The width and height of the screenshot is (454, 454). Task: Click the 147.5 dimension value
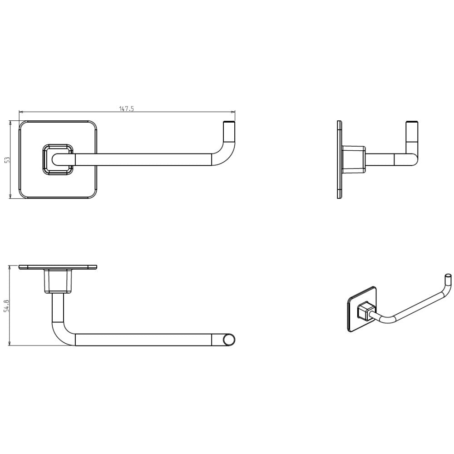point(127,109)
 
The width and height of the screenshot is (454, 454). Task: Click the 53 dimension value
point(8,159)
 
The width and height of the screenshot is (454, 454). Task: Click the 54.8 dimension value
point(8,306)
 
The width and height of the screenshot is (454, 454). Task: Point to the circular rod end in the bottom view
point(229,340)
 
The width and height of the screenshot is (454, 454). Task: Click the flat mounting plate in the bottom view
point(58,267)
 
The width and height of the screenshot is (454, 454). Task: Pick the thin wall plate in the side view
point(340,159)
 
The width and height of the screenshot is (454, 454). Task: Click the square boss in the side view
point(353,159)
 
